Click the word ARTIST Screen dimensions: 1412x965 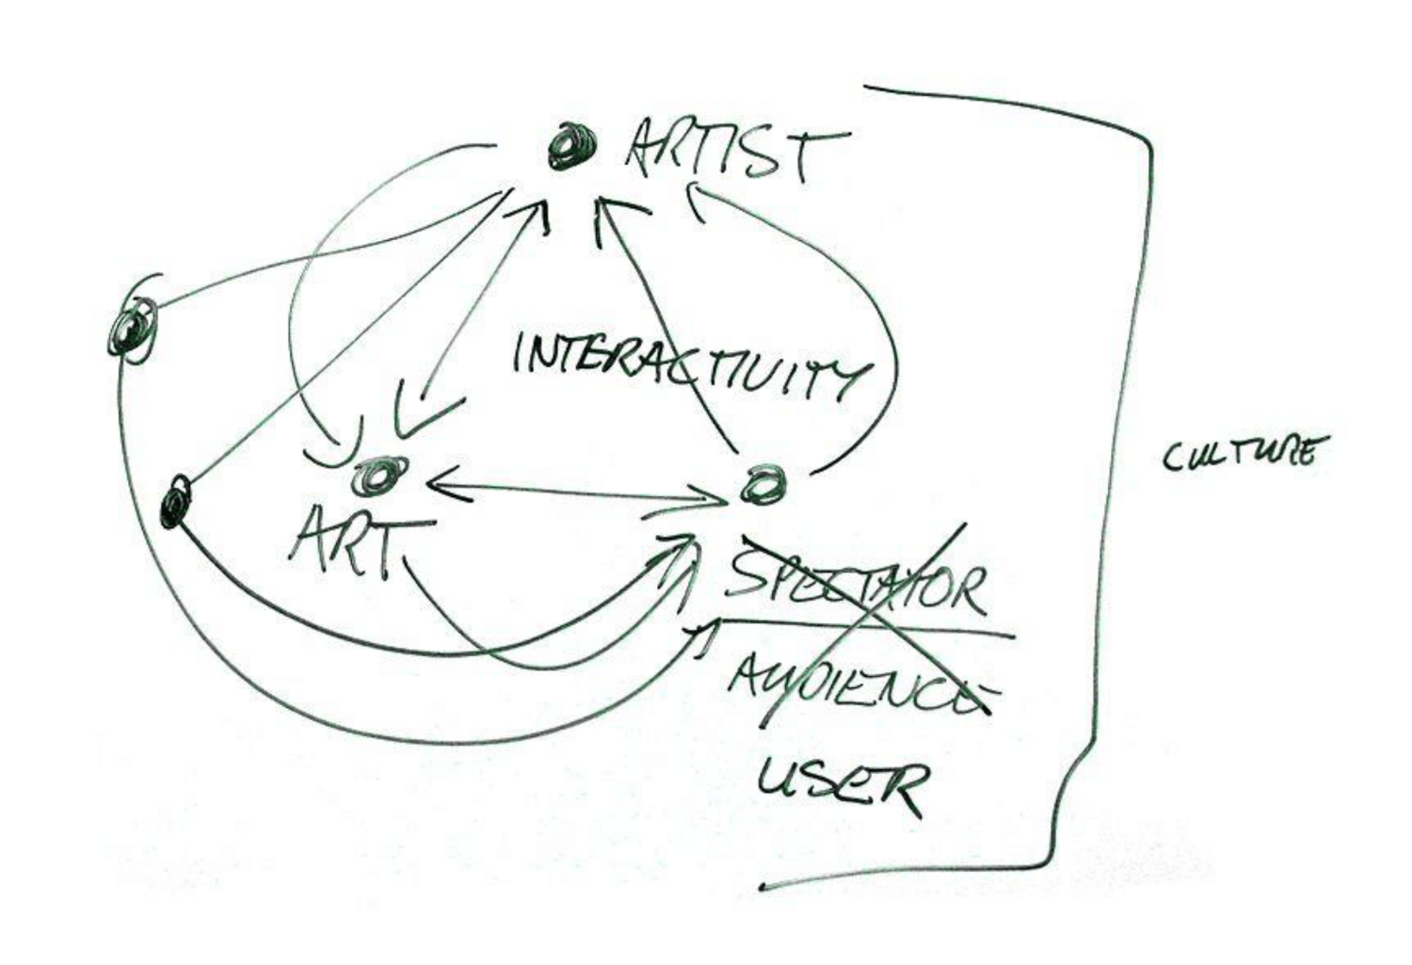coord(734,151)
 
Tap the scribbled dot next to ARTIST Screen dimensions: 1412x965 coord(570,146)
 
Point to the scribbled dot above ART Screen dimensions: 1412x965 coord(378,475)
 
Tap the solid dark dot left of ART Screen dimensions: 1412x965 coord(176,501)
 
